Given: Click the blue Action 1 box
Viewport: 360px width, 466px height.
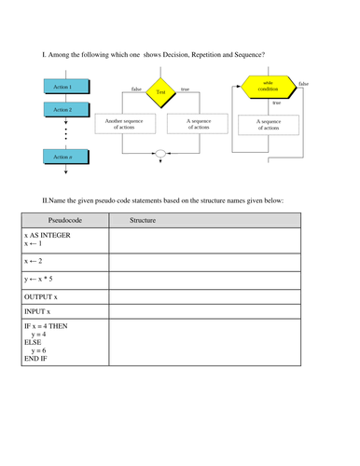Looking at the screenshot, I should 64,87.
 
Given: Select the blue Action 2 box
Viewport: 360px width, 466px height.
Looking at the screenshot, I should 64,109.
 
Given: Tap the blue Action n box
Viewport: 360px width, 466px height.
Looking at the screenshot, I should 64,157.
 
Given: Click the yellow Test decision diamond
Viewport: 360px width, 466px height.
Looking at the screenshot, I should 160,92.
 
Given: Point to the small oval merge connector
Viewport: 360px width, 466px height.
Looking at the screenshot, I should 160,153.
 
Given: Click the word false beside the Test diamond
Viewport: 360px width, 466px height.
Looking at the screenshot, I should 136,89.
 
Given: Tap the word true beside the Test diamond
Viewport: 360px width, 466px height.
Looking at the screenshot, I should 185,89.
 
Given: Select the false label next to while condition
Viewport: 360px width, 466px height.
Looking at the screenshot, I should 304,84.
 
